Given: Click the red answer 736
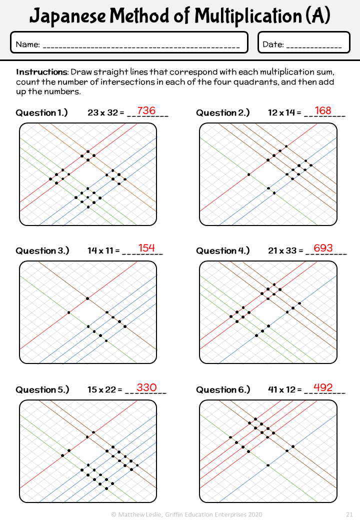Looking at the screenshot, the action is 146,110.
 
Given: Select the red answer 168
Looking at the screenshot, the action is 323,110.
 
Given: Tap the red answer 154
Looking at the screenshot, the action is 146,247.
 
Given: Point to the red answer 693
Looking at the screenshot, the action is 323,247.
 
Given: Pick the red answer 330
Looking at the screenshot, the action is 146,387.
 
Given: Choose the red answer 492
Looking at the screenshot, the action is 323,387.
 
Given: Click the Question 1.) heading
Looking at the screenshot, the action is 41,113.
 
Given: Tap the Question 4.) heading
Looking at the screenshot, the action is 223,250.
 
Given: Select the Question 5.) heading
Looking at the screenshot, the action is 42,389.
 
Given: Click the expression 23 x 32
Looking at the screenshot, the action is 103,113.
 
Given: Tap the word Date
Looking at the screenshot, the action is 273,44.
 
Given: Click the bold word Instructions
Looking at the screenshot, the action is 42,72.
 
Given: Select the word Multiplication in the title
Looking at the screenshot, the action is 248,16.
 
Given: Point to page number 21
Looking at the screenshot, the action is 349,514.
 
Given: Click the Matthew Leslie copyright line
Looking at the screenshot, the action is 186,514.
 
